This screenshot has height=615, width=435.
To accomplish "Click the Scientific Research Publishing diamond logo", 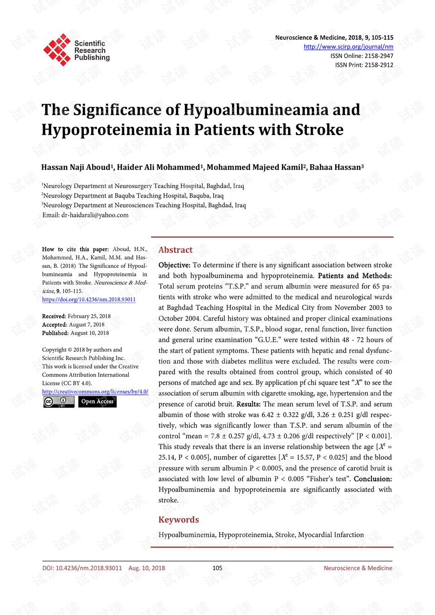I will click(x=57, y=50).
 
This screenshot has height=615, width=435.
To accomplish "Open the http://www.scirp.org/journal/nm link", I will click(x=348, y=47).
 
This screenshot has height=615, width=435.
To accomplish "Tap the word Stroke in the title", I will click(x=319, y=130).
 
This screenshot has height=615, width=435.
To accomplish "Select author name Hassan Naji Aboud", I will click(x=75, y=167).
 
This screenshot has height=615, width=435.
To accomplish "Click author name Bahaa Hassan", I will click(x=335, y=167).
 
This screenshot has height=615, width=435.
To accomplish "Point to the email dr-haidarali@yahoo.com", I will click(x=95, y=215).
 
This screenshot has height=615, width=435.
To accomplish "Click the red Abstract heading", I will click(x=175, y=250).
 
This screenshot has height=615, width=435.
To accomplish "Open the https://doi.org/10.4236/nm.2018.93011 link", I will click(x=89, y=300).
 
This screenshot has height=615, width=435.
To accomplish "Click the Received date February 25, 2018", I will click(x=89, y=316).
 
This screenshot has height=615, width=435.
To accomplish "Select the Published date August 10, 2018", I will click(x=89, y=333).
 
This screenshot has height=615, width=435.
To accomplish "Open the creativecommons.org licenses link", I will click(x=95, y=392).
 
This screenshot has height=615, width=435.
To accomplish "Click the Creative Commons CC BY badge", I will click(x=59, y=402).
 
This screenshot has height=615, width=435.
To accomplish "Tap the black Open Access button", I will click(x=97, y=402).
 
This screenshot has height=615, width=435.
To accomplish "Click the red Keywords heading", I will click(x=179, y=520).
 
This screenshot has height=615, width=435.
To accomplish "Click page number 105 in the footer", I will click(x=217, y=568).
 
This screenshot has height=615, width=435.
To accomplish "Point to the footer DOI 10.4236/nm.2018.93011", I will click(x=82, y=568).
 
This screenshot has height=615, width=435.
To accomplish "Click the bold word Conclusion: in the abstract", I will click(x=372, y=479).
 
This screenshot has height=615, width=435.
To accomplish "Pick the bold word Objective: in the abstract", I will click(x=174, y=265).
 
